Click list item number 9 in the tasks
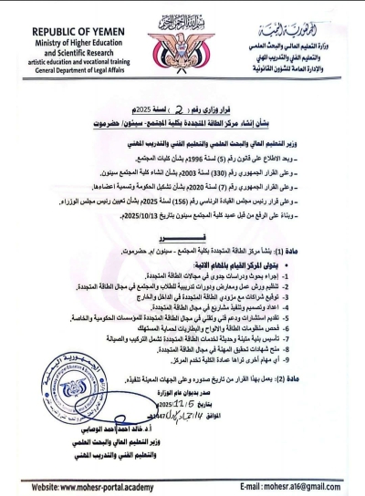(310, 351)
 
